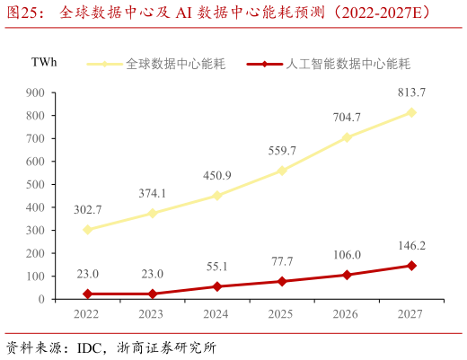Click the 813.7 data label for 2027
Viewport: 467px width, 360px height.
(411, 92)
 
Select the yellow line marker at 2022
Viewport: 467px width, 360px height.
(87, 230)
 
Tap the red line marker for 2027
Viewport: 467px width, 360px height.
(411, 266)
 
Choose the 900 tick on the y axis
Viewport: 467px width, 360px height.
(35, 92)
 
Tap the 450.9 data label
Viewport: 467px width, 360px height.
(216, 175)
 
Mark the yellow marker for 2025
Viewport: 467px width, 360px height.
(282, 171)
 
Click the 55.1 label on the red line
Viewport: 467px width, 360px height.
(216, 267)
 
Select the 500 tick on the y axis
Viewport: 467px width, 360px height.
(35, 184)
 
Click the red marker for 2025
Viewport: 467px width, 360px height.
(282, 281)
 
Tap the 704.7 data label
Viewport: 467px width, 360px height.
(347, 117)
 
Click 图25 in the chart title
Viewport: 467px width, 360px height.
(26, 13)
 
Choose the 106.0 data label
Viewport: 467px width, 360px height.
(347, 254)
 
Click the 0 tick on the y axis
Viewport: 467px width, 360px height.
(41, 299)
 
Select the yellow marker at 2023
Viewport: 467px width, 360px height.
(152, 214)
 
